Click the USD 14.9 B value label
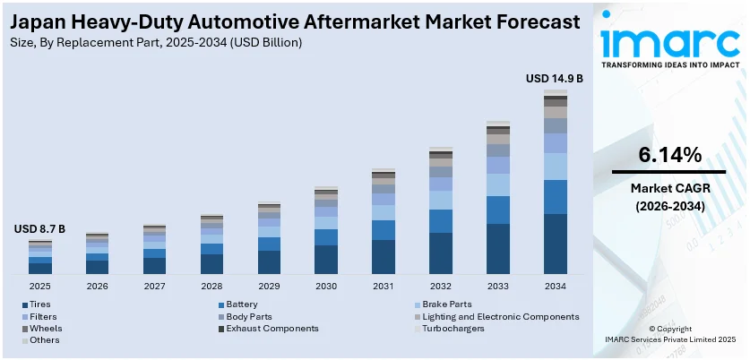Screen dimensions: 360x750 click(x=554, y=79)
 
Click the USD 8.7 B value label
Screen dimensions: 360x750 click(x=39, y=229)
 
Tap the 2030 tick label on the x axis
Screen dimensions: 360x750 click(x=326, y=286)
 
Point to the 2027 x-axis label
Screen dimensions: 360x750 click(x=154, y=286)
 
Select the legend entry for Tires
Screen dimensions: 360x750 click(x=39, y=304)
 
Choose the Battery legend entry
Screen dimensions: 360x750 click(x=242, y=304)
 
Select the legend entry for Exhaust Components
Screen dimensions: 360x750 click(x=272, y=329)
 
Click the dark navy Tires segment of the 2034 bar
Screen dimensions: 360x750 click(x=556, y=244)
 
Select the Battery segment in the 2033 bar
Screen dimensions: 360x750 click(x=498, y=210)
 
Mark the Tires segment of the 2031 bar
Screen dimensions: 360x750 click(x=384, y=256)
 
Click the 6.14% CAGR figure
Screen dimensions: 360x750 click(x=669, y=155)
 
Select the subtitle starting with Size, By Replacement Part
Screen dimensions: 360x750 click(x=158, y=42)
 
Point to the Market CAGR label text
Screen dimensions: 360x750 click(x=669, y=188)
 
